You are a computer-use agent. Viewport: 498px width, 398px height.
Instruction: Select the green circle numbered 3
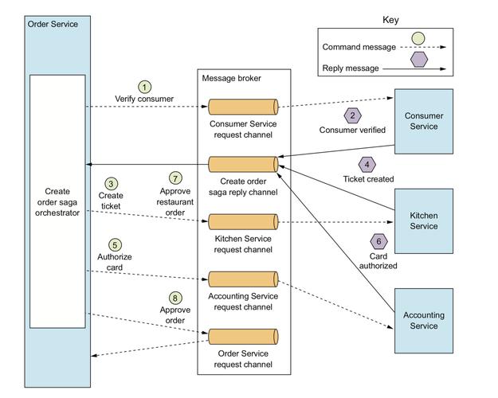111,183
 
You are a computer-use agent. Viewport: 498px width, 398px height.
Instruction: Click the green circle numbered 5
116,244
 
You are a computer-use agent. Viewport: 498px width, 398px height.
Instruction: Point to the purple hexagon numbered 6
378,240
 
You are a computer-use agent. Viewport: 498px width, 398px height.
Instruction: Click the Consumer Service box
423,121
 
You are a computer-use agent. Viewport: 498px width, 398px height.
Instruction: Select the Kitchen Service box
423,220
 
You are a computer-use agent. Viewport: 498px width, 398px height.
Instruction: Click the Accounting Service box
423,320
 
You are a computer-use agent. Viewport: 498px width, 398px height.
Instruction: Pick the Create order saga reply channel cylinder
243,164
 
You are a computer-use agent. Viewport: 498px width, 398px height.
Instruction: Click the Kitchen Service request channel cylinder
243,220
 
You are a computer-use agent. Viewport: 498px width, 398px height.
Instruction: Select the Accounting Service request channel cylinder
243,279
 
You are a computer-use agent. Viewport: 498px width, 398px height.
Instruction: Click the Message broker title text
231,78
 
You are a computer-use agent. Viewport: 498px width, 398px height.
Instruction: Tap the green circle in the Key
418,38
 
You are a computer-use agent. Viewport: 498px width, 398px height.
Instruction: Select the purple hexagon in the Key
418,60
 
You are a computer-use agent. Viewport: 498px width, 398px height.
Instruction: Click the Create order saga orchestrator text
57,201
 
